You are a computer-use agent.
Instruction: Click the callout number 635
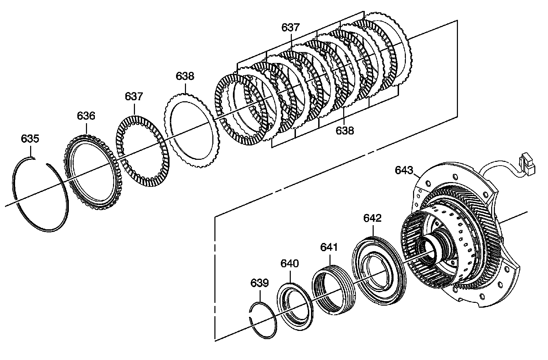click(x=30, y=139)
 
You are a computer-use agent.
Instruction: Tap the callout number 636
click(x=86, y=116)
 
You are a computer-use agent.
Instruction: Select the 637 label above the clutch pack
click(x=291, y=27)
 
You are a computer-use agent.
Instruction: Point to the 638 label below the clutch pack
click(x=345, y=131)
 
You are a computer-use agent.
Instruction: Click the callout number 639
click(x=260, y=283)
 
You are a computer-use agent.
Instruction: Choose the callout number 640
click(x=290, y=263)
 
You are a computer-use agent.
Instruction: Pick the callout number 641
click(x=329, y=247)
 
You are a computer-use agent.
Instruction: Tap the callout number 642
click(x=373, y=218)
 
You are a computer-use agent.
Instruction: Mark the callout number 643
click(x=404, y=170)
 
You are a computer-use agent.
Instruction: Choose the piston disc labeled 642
click(x=379, y=271)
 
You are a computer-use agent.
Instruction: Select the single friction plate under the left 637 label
click(x=142, y=151)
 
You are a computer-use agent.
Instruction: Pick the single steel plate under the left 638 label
click(x=192, y=131)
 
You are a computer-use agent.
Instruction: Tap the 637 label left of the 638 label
click(x=134, y=97)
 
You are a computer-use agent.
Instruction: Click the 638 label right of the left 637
click(x=185, y=76)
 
